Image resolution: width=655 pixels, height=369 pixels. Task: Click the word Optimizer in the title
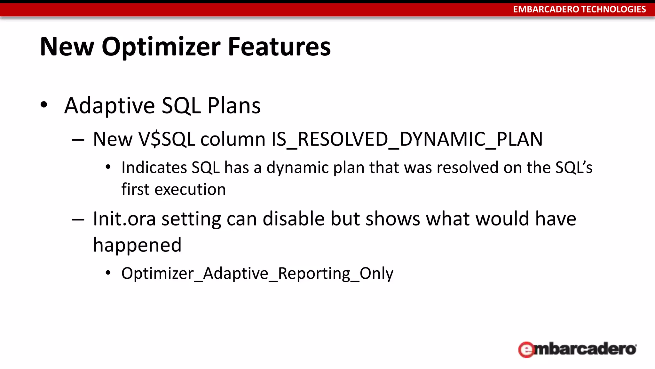161,47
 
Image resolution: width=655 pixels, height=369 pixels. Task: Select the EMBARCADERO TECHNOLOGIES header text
579,9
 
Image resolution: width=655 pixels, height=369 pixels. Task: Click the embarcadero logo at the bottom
577,349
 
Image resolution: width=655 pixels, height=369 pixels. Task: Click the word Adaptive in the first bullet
110,106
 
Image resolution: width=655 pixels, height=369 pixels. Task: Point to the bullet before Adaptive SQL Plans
44,105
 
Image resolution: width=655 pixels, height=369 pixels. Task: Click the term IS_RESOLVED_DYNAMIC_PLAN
407,139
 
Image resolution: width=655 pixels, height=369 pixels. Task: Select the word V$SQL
166,139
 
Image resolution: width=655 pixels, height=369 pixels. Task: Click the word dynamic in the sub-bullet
297,168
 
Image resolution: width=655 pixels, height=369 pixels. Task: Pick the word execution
190,189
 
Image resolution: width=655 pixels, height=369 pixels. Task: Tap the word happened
137,245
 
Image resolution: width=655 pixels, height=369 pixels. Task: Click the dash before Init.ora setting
78,220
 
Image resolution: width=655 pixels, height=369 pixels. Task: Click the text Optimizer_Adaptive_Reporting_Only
257,274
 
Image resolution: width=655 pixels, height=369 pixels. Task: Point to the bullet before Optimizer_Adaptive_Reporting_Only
108,273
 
